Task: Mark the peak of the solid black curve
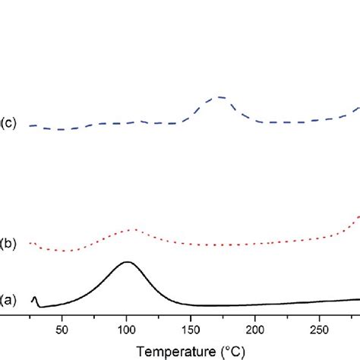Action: (x=127, y=262)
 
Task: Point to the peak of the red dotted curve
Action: (x=133, y=229)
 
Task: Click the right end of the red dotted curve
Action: (x=358, y=217)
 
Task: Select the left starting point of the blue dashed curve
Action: (x=30, y=125)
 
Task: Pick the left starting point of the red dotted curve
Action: (x=30, y=242)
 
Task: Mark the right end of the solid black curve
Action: (x=358, y=299)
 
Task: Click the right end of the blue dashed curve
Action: (x=358, y=109)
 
